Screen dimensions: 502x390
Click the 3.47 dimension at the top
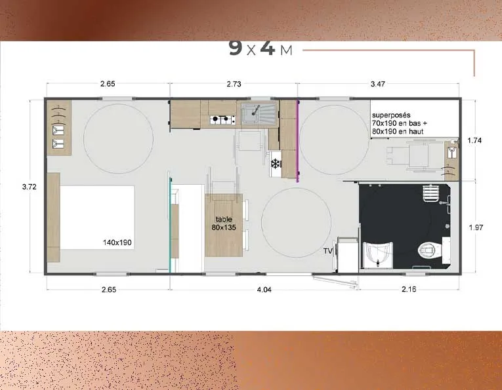[378, 84]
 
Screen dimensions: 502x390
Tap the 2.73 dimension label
[234, 84]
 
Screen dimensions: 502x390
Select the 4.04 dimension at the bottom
[264, 290]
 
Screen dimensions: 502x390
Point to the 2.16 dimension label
[409, 289]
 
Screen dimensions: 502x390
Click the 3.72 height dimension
[30, 187]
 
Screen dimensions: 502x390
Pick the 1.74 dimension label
[474, 140]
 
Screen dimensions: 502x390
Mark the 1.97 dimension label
[476, 227]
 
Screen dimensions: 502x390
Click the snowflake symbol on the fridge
[276, 164]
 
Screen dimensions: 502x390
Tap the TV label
[328, 251]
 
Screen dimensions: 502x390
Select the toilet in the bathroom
[430, 250]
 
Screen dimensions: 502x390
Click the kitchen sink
[259, 114]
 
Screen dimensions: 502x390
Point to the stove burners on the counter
[222, 120]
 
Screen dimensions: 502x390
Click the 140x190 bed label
[117, 243]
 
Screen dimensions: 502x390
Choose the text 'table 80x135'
[224, 223]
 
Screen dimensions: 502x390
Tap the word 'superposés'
[391, 115]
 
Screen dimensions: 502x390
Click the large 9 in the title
[236, 49]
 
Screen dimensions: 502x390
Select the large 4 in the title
[267, 49]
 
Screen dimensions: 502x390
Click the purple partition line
[298, 142]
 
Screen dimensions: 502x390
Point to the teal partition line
[170, 222]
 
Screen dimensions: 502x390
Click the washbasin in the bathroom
[377, 254]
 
